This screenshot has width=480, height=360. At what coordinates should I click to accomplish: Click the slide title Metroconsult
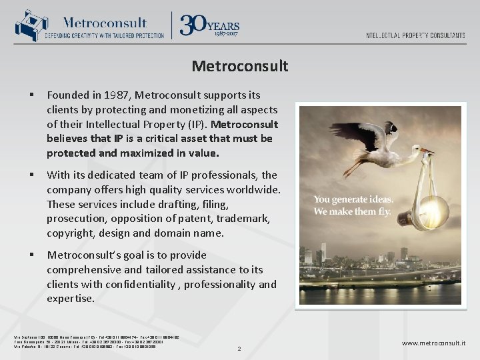pos(239,66)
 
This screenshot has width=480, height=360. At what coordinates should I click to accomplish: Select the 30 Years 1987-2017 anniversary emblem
pos(209,25)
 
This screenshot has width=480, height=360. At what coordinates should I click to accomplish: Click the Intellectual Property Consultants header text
pos(415,35)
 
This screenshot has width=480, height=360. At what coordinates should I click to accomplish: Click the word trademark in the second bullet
pos(247,219)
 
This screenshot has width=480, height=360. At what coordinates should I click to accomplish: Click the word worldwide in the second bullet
pos(253,189)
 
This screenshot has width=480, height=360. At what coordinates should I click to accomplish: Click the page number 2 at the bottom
pos(239,347)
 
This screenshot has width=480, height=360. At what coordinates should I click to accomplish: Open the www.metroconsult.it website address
pos(433,343)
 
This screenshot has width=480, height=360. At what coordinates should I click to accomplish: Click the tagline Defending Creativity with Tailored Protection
pos(105,35)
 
